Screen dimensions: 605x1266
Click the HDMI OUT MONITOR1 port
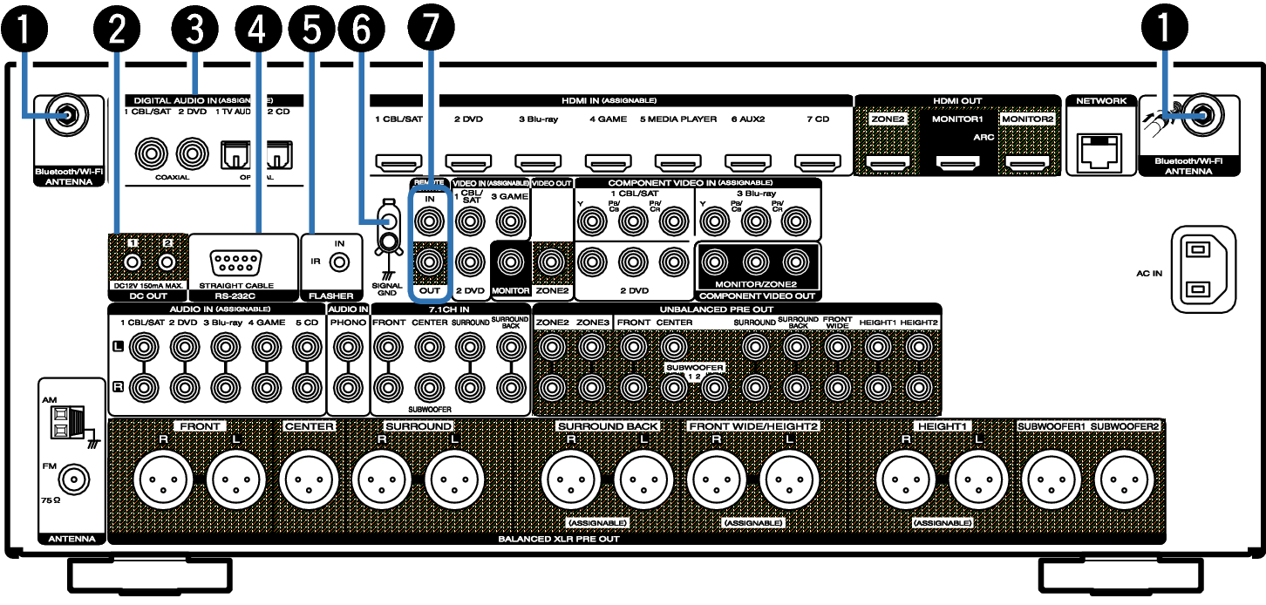click(957, 161)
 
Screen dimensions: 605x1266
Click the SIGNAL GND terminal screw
click(385, 224)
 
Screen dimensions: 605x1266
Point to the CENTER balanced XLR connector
click(308, 479)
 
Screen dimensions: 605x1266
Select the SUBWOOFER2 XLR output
click(1124, 479)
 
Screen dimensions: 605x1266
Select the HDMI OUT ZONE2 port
click(888, 161)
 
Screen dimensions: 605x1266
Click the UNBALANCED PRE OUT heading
click(717, 309)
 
